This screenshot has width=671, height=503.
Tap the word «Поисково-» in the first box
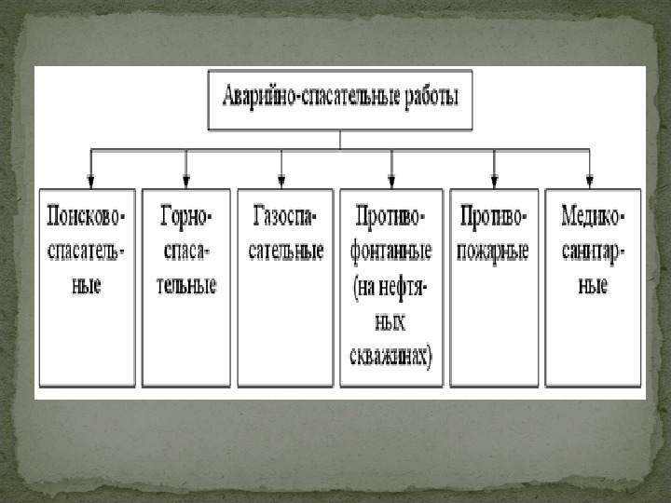point(87,216)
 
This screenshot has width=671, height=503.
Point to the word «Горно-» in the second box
point(187,216)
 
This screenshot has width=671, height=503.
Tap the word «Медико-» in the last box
point(594,216)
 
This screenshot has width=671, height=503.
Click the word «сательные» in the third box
point(284,251)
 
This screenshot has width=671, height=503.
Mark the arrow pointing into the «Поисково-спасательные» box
point(90,177)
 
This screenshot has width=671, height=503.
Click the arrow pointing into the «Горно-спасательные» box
point(186,177)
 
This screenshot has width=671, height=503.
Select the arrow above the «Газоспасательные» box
point(281,177)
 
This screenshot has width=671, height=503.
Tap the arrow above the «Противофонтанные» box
point(391,177)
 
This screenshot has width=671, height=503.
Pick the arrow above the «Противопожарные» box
point(494,177)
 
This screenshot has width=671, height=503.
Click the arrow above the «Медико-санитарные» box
point(589,177)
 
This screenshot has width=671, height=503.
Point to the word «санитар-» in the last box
point(594,251)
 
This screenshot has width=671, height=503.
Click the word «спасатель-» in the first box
point(87,251)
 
